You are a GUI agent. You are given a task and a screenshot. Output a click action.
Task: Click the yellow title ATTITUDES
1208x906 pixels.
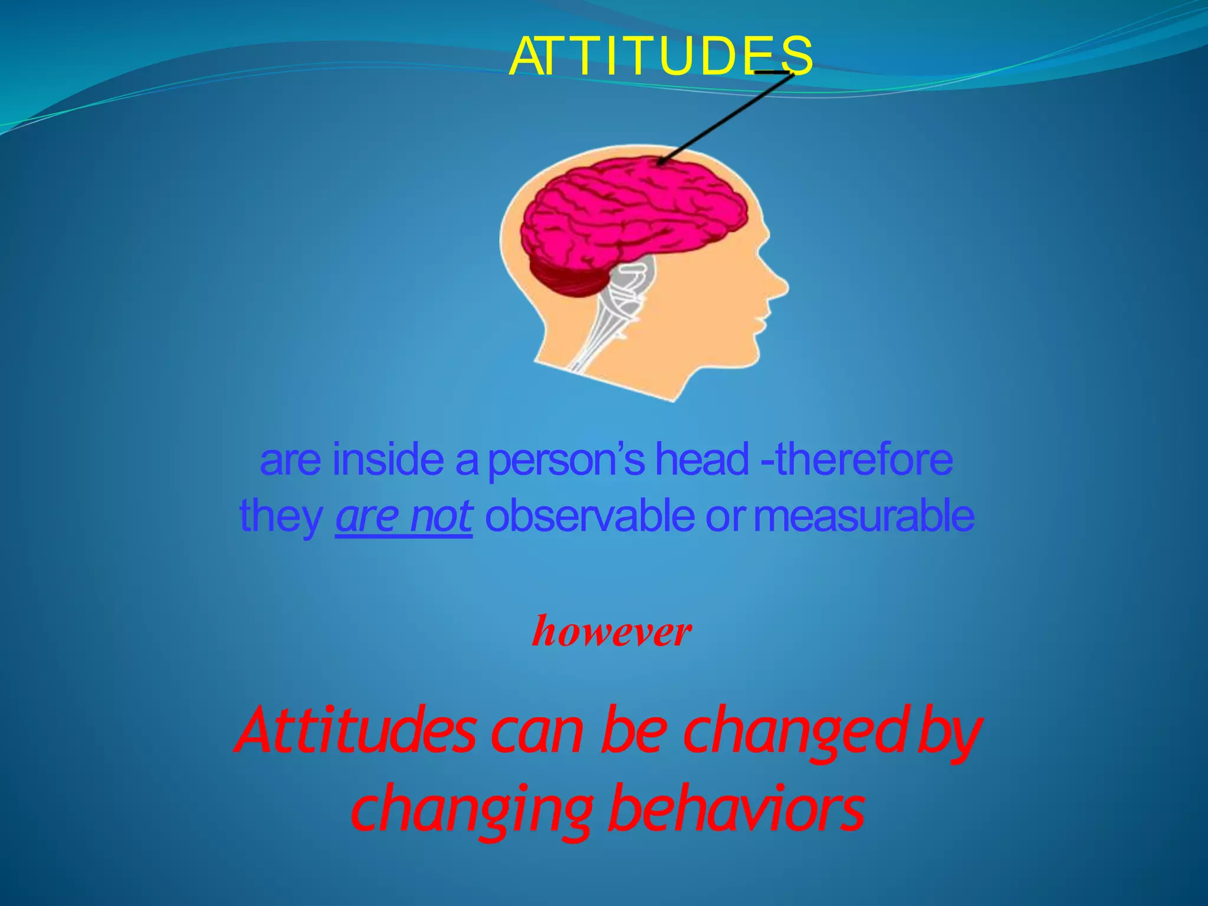(661, 57)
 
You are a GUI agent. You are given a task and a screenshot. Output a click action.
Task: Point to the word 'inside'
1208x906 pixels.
(388, 460)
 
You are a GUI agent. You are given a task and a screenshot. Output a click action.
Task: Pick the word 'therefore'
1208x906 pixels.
(864, 460)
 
